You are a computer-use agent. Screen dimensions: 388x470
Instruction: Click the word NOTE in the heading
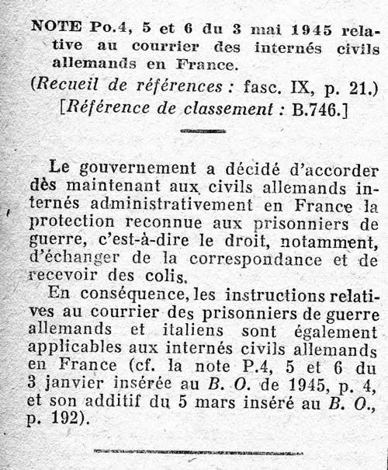pos(53,26)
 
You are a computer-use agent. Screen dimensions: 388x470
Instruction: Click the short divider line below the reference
pos(202,131)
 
